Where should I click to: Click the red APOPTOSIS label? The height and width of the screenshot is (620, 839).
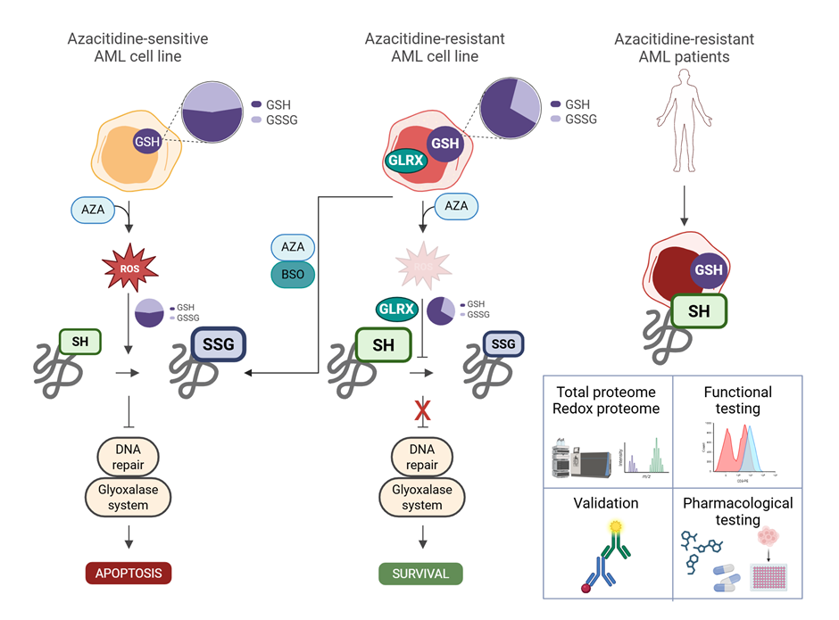pos(129,573)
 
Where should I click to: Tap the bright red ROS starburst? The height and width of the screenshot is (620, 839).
pos(129,265)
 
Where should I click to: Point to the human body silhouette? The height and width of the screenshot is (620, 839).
pos(685,117)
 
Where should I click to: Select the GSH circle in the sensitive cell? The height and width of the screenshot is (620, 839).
pos(146,141)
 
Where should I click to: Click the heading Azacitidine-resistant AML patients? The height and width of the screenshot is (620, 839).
pos(684,47)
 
